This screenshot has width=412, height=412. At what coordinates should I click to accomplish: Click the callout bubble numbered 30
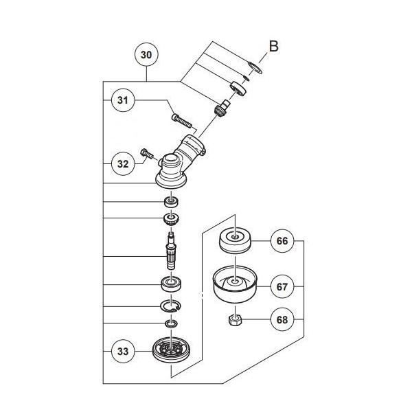(146, 55)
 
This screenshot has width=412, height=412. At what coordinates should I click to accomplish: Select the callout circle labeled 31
(123, 101)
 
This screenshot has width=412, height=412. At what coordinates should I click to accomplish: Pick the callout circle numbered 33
(123, 351)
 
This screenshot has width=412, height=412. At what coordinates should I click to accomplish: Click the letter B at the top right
(273, 47)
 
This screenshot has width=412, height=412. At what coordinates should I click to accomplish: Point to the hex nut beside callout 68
(234, 320)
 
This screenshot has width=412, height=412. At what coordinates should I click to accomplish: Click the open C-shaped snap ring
(170, 305)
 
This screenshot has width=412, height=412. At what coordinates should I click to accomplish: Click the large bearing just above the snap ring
(169, 283)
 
